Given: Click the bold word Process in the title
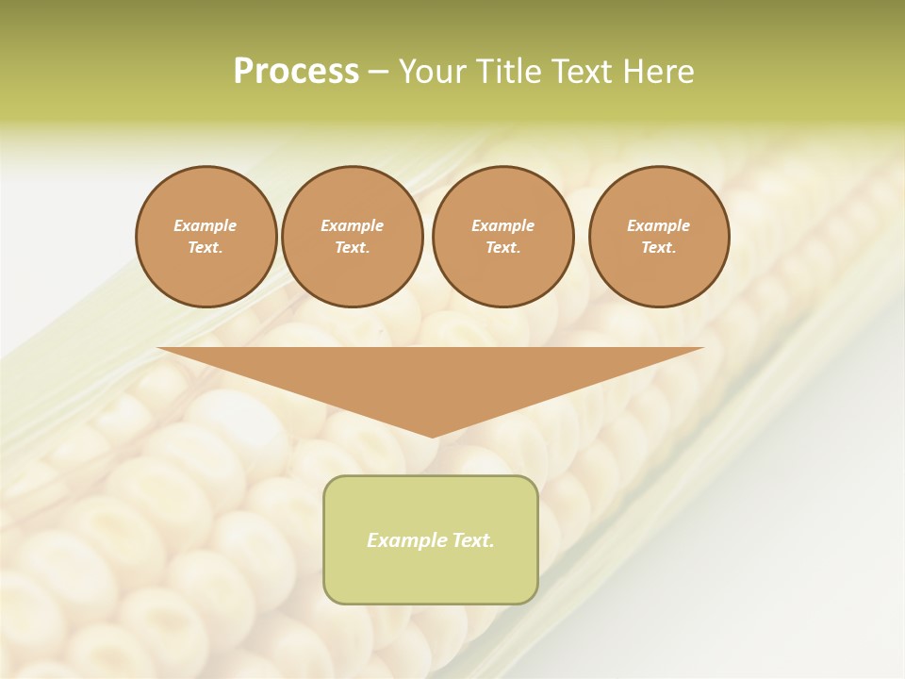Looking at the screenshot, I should click(296, 72).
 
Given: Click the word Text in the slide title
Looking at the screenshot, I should click(584, 72).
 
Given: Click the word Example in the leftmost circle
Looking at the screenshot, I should click(206, 225).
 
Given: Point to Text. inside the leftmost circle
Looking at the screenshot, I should click(206, 248).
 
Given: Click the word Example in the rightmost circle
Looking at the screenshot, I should click(658, 225).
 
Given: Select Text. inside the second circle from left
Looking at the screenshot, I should click(352, 248).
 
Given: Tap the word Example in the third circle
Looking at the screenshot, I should click(502, 225).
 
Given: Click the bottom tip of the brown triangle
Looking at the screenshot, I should click(432, 436).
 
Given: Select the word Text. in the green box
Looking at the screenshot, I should click(472, 540).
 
